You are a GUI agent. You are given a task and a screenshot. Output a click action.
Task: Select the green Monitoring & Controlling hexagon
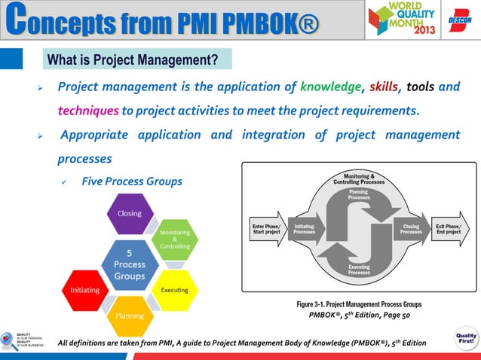[x=174, y=239]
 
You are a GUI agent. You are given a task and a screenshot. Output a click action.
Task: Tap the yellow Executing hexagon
[x=175, y=290]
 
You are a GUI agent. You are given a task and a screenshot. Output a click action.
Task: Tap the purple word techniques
[x=87, y=112]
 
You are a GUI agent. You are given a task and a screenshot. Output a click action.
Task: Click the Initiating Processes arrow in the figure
[x=305, y=229]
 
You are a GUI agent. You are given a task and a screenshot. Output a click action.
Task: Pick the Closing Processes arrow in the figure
[x=411, y=229]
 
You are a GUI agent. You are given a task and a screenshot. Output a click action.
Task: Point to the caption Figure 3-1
[x=358, y=304]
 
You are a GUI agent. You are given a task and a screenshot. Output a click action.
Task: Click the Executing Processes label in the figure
[x=358, y=270]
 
